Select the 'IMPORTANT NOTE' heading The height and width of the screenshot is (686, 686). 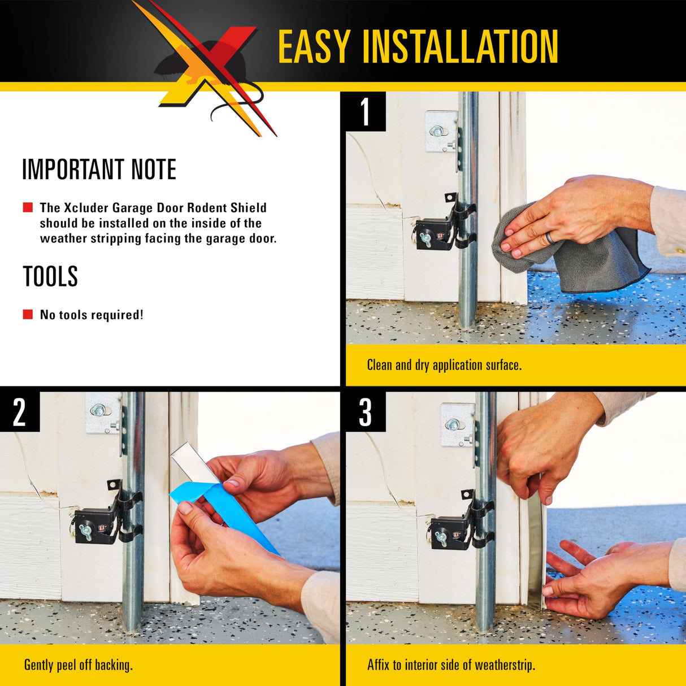[x=99, y=170]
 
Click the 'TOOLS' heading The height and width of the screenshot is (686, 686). [x=50, y=276]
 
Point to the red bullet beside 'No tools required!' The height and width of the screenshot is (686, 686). [x=28, y=314]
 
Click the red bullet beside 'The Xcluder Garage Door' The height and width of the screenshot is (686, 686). [x=28, y=207]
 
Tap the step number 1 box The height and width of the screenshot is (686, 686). [x=366, y=111]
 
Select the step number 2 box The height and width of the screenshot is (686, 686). [x=20, y=412]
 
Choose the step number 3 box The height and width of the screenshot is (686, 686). [x=366, y=412]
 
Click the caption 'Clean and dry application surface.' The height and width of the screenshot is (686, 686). [x=444, y=365]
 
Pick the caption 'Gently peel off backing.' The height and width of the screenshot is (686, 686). [x=79, y=665]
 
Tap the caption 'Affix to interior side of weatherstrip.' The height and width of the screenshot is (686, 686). [x=451, y=665]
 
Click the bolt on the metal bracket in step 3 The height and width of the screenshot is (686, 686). [x=453, y=424]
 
